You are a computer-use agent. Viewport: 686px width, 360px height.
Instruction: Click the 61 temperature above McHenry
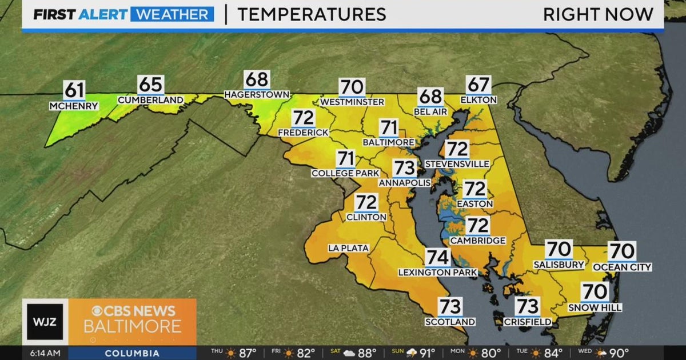[x=74, y=90]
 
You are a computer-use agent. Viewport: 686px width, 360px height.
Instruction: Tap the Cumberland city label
[x=150, y=100]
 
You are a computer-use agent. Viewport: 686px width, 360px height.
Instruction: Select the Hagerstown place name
[x=257, y=94]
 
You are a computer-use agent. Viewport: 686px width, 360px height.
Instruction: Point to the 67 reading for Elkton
[x=478, y=85]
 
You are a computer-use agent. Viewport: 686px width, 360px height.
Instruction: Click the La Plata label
[x=348, y=247]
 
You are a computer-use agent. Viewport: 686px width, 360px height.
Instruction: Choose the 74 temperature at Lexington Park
[x=437, y=258]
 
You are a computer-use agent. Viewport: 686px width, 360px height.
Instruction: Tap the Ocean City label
[x=622, y=267]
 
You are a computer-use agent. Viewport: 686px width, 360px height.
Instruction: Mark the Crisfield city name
[x=527, y=322]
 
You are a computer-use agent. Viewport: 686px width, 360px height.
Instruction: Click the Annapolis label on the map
[x=404, y=182]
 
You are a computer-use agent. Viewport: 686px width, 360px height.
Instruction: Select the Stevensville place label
[x=457, y=164]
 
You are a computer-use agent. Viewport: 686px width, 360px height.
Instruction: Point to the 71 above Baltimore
[x=389, y=127]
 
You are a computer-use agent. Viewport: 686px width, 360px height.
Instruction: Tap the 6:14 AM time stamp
[x=45, y=353]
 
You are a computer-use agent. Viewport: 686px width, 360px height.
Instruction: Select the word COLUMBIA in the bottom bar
[x=132, y=353]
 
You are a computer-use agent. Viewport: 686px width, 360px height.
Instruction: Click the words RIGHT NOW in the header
[x=598, y=14]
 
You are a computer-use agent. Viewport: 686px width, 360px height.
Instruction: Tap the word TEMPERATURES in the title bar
[x=311, y=14]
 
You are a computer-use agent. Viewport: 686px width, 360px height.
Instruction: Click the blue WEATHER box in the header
[x=172, y=14]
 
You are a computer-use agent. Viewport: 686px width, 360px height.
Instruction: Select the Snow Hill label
[x=595, y=307]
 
